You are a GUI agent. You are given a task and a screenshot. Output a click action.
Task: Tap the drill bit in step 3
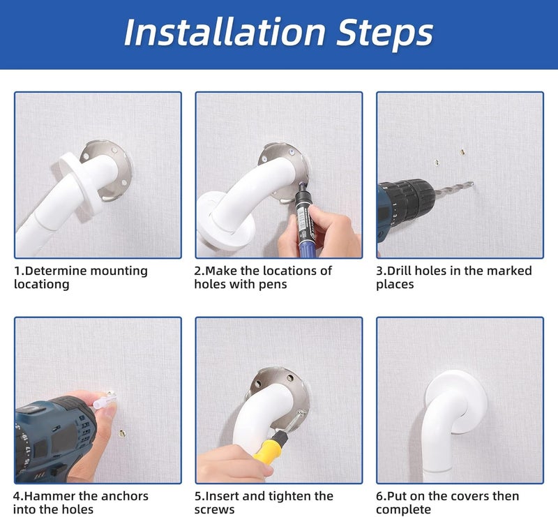454,188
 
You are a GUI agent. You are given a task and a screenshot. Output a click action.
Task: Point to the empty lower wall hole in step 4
122,433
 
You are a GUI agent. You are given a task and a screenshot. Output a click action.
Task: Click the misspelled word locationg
42,285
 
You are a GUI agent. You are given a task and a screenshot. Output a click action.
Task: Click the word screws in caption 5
214,509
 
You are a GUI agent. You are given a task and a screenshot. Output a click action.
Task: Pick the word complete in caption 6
404,510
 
